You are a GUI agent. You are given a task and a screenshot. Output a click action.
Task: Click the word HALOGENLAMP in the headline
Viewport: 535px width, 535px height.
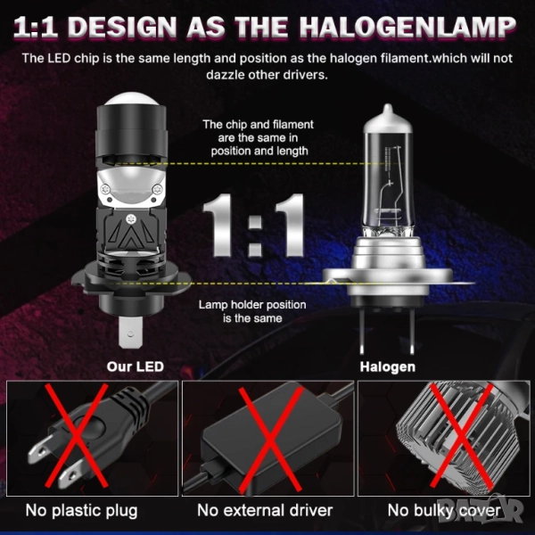pyautogui.click(x=407, y=27)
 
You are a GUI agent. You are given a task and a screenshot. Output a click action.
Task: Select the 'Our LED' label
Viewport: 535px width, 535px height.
pyautogui.click(x=136, y=366)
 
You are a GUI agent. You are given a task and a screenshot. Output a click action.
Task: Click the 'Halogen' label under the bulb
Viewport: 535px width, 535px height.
pyautogui.click(x=388, y=366)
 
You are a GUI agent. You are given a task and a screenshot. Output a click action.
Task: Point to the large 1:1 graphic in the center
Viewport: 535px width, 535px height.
pyautogui.click(x=253, y=226)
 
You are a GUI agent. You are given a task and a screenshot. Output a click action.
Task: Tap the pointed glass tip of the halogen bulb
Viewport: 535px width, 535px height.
pyautogui.click(x=388, y=110)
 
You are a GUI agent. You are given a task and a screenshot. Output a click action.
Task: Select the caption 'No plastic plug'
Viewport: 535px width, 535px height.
pyautogui.click(x=81, y=511)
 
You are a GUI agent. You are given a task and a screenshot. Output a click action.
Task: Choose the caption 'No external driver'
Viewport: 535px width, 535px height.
pyautogui.click(x=265, y=510)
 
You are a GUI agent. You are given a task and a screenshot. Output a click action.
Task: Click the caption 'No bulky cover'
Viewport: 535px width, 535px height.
pyautogui.click(x=444, y=511)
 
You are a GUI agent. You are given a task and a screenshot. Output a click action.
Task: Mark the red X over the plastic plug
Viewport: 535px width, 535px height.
pyautogui.click(x=77, y=436)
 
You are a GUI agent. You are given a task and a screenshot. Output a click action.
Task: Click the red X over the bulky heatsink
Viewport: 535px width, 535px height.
pyautogui.click(x=461, y=435)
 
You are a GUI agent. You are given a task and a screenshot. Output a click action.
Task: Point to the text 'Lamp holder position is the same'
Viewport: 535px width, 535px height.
pyautogui.click(x=252, y=311)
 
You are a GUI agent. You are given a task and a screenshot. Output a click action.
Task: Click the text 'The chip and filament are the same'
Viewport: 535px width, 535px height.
pyautogui.click(x=258, y=131)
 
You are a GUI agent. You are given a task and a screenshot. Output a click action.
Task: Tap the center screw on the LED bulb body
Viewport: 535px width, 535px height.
pyautogui.click(x=130, y=218)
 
